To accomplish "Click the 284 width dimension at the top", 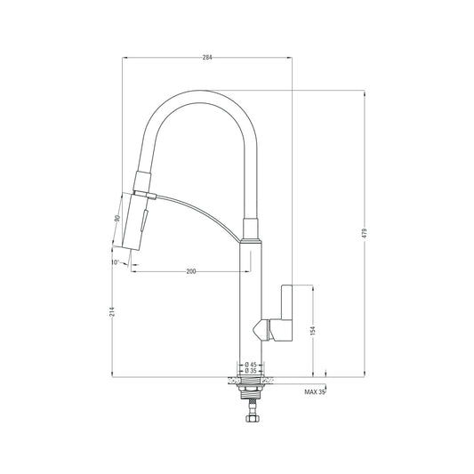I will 207,57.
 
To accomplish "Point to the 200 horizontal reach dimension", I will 191,270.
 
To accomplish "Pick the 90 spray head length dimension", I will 116,219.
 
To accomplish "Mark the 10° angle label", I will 116,262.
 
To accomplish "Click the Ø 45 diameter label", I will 252,365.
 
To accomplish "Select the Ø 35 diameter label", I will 252,372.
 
